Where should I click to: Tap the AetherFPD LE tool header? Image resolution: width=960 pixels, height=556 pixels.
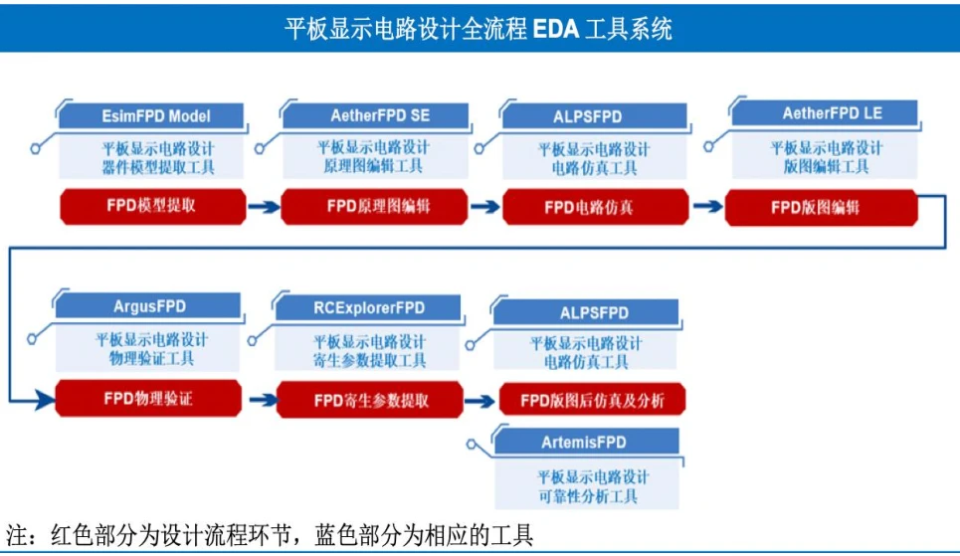click(x=826, y=113)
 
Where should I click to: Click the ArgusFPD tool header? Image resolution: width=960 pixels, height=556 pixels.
click(x=148, y=305)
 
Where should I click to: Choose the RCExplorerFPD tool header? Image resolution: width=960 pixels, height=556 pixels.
click(x=368, y=307)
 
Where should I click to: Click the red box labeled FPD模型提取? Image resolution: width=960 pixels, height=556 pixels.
click(x=153, y=206)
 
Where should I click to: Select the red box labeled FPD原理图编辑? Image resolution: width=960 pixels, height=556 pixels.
click(x=375, y=207)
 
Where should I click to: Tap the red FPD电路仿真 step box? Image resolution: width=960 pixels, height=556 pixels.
click(x=596, y=208)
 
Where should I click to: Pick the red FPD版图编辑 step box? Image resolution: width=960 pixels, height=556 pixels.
click(x=821, y=208)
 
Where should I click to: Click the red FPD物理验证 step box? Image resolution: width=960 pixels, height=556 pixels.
click(x=149, y=399)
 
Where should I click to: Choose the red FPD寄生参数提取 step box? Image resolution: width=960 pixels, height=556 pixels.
click(x=370, y=401)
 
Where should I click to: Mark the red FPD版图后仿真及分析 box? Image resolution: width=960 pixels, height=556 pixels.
click(x=592, y=401)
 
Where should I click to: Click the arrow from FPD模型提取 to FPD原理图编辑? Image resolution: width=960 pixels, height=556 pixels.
click(x=264, y=207)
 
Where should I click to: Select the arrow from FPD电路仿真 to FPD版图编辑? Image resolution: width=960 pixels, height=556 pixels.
click(x=707, y=206)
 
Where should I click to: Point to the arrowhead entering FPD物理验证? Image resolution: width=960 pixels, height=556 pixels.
click(x=47, y=401)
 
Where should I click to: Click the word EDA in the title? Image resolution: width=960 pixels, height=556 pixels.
click(x=556, y=29)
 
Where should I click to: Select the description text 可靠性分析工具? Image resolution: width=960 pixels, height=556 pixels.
click(x=588, y=496)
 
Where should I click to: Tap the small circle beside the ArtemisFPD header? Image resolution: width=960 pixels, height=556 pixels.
click(x=472, y=444)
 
